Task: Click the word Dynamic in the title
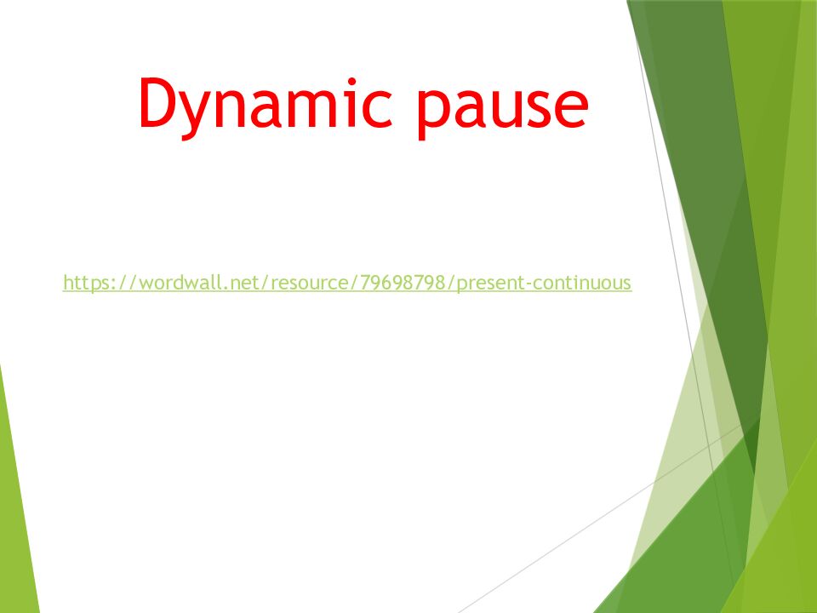click(x=266, y=107)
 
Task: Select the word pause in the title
click(x=503, y=111)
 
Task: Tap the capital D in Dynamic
click(x=159, y=102)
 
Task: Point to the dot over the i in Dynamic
click(x=351, y=82)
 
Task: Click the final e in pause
click(x=572, y=107)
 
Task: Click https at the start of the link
click(x=84, y=282)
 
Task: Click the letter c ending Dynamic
click(x=377, y=107)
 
